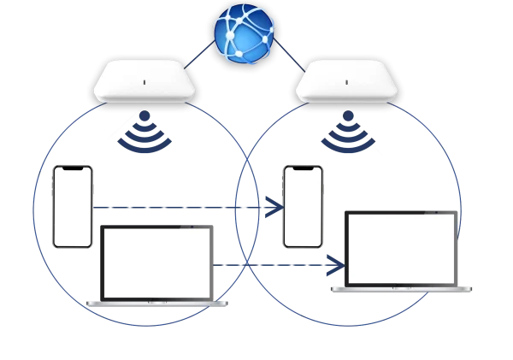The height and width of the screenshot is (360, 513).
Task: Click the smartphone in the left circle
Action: point(73,207)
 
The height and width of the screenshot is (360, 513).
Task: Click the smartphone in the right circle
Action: point(304,207)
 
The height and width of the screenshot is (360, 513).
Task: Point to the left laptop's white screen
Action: point(157,263)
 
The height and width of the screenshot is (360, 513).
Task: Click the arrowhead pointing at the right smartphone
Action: point(274,206)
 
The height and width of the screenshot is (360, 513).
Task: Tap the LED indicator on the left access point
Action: point(144,83)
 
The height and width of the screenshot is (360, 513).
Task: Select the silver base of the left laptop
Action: point(159,304)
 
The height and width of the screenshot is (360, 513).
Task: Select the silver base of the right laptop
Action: point(403,289)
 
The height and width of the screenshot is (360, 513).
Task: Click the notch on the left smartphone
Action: point(73,168)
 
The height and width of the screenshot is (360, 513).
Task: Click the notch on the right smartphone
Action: point(304,168)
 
